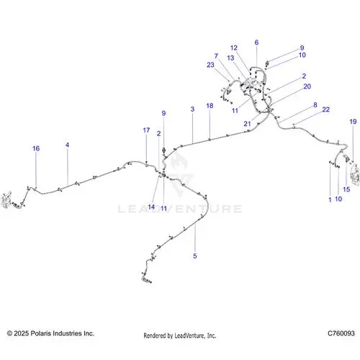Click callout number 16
[36, 148]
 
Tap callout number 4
[67, 145]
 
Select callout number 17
[146, 130]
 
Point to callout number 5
[195, 256]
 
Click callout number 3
[192, 109]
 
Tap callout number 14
[151, 207]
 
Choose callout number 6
[256, 42]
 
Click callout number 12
[234, 48]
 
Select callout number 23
[210, 65]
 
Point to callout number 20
[307, 86]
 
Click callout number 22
[325, 109]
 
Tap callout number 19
[353, 122]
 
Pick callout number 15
[346, 189]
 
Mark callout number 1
[330, 199]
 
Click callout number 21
[247, 124]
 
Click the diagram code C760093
[341, 333]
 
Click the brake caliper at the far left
[6, 199]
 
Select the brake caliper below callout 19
[355, 175]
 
